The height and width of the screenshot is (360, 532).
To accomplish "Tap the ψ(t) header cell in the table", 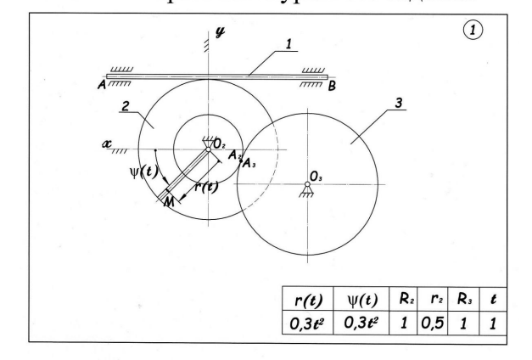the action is pos(358,300).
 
